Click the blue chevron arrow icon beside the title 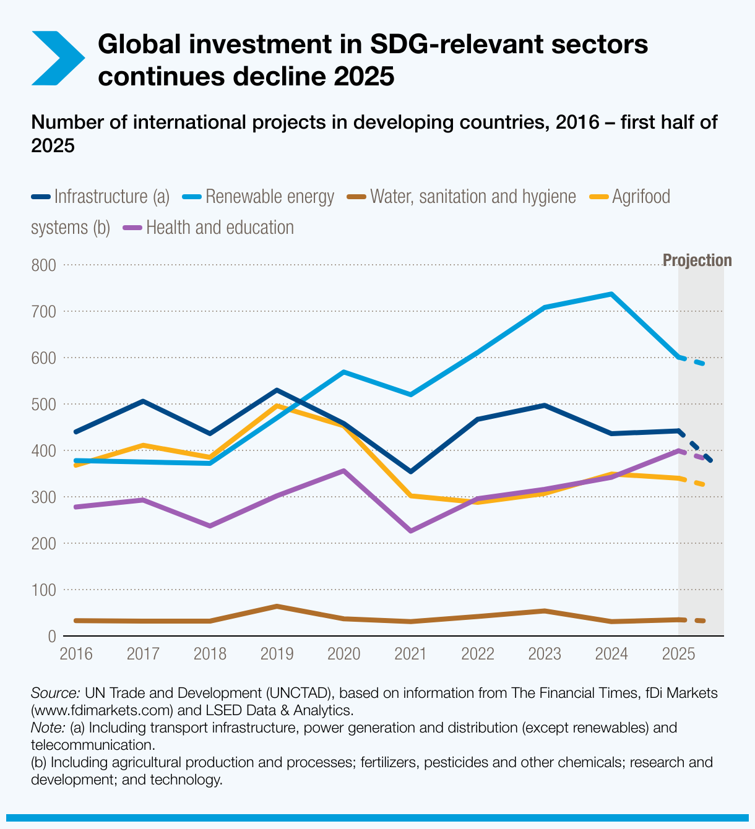coord(57,58)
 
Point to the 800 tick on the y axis coord(43,265)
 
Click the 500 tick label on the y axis coord(43,405)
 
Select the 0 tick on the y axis coord(51,637)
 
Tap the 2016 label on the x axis coord(75,654)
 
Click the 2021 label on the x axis coord(410,654)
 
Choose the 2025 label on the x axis coord(678,654)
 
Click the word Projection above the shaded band coord(697,260)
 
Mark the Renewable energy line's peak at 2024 coord(611,294)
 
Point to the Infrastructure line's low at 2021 coord(410,472)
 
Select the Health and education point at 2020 coord(343,471)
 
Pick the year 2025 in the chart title coord(363,77)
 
